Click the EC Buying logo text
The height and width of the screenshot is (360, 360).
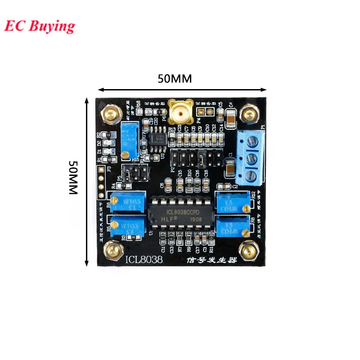tap(40, 26)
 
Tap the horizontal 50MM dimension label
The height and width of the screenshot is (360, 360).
tap(175, 78)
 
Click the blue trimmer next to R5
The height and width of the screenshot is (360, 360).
tap(128, 225)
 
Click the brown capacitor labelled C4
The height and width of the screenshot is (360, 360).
tap(230, 118)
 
